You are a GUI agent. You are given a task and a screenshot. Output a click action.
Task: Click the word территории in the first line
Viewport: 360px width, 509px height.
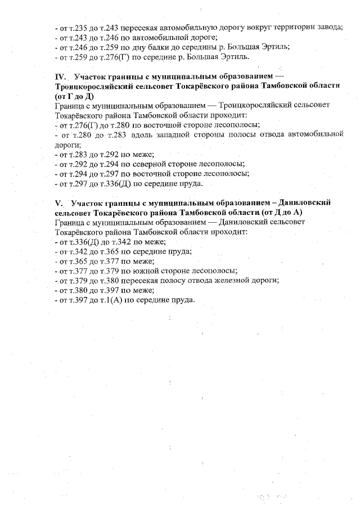(x=288, y=27)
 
